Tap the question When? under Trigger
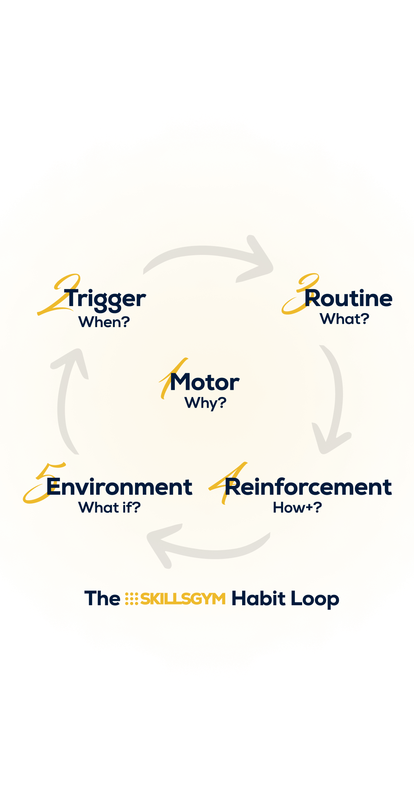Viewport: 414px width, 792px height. tap(104, 322)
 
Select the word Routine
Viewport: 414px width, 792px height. tap(348, 298)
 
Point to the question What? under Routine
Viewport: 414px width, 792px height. tap(344, 319)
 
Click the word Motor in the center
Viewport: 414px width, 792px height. tap(205, 382)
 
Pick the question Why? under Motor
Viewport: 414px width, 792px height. tap(205, 403)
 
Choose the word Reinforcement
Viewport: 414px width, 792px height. tap(308, 487)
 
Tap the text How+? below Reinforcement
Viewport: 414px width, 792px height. tap(297, 508)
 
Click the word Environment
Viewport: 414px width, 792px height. tap(119, 487)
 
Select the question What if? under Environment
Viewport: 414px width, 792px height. tap(109, 508)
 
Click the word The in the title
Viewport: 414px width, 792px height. tap(102, 598)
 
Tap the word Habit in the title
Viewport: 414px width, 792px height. tap(258, 598)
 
